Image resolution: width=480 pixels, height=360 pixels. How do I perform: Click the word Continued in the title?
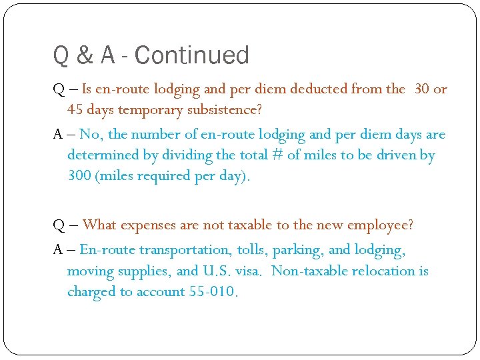[191, 55]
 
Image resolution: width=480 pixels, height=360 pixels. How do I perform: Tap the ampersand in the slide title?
[85, 55]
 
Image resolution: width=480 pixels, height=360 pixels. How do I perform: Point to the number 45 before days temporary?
[75, 109]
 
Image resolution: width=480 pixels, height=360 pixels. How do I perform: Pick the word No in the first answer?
[90, 134]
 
